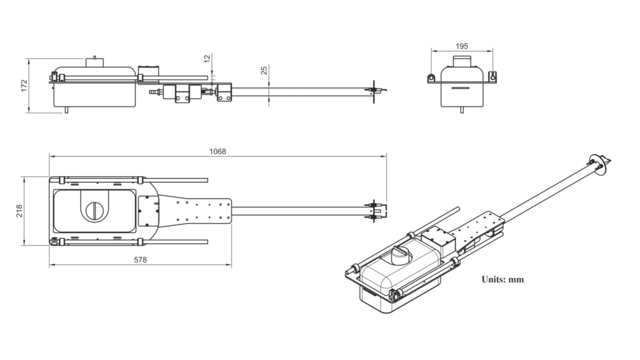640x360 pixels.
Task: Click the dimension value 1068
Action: coord(217,151)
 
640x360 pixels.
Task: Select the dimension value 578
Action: coord(140,260)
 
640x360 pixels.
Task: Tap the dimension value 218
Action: coord(19,211)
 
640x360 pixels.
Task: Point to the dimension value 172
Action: coord(24,85)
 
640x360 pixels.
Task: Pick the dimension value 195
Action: coord(461,46)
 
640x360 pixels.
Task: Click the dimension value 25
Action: coord(264,70)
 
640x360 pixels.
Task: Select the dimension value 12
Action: coord(207,58)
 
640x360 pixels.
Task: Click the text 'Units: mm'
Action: coord(503,279)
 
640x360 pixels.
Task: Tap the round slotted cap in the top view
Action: coord(96,210)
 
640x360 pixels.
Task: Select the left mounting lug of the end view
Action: coord(432,79)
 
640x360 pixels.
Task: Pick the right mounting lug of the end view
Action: coord(492,78)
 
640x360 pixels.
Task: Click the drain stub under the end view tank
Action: coord(461,110)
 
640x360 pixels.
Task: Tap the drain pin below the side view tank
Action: coord(66,110)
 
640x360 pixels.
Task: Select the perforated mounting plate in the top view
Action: coord(203,211)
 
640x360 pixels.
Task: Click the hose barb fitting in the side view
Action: coord(155,93)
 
